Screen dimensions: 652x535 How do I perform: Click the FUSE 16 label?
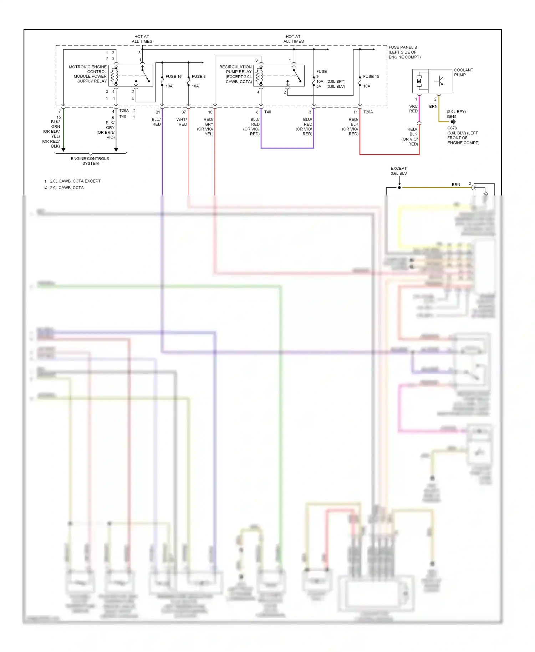coord(173,76)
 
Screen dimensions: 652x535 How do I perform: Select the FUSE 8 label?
coord(198,76)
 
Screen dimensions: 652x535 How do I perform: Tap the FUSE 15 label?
coord(371,76)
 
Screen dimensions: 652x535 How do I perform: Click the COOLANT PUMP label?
coord(463,72)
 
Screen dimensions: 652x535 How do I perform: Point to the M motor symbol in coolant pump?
coord(419,81)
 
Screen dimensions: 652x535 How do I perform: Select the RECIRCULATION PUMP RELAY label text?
coord(236,74)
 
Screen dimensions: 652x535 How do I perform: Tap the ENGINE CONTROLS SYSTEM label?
coord(90,161)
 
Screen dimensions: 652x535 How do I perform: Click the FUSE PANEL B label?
coord(404,52)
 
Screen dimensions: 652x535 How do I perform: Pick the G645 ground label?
coord(452,117)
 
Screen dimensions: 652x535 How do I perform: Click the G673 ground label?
coord(452,128)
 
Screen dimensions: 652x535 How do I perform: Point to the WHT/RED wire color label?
coord(182,122)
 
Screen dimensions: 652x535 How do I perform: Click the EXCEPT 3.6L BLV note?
coord(398,171)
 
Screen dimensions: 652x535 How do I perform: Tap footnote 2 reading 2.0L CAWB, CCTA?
coord(66,188)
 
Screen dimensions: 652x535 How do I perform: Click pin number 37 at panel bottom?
coord(184,112)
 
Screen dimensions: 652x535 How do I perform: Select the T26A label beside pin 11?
coord(368,112)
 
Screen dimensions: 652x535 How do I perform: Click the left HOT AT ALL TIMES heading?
coord(142,39)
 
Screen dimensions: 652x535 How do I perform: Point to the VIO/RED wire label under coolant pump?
coord(413,109)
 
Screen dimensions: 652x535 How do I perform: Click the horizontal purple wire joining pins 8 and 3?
coord(287,148)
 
